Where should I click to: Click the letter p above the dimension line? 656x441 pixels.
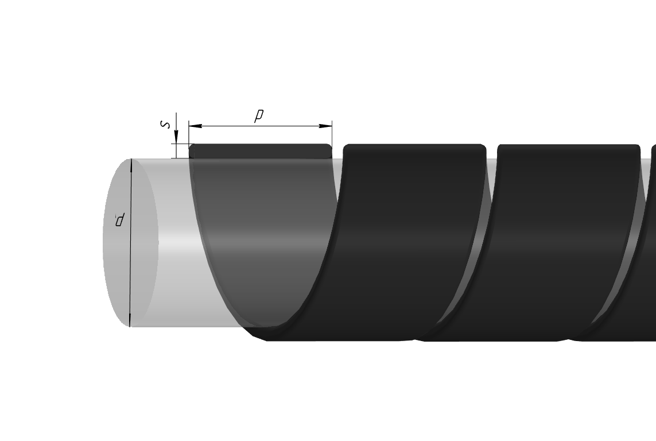coord(259,115)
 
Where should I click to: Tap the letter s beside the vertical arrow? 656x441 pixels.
coord(166,124)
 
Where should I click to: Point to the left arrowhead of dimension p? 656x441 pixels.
coord(195,126)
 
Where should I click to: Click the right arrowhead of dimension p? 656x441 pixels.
coord(325,126)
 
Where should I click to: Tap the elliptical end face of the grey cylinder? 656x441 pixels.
coord(130,243)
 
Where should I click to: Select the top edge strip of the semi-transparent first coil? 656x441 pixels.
coord(260,151)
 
